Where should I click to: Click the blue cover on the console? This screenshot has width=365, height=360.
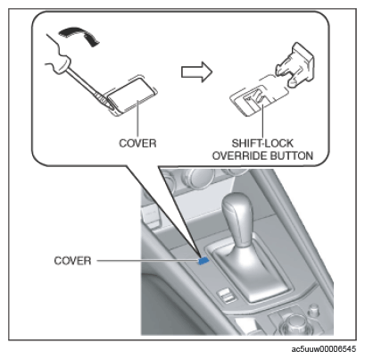coord(203,261)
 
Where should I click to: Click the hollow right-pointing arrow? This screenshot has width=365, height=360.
coord(197,71)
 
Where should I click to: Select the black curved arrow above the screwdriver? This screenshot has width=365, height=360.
coord(79,35)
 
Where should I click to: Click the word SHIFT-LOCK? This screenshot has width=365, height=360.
coord(262,143)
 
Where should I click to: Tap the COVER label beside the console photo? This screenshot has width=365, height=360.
coord(72,261)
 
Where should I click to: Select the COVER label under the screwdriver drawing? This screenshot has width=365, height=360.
coord(137,143)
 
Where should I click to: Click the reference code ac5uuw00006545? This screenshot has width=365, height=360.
coord(324,349)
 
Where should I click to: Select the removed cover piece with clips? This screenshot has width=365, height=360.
coord(294,64)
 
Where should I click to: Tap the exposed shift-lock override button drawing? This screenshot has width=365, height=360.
coord(253,100)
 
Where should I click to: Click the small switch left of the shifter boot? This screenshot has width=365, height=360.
coord(225,296)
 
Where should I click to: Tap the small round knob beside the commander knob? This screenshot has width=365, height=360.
coord(313,310)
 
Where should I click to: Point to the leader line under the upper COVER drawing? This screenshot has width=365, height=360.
coord(137,118)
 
